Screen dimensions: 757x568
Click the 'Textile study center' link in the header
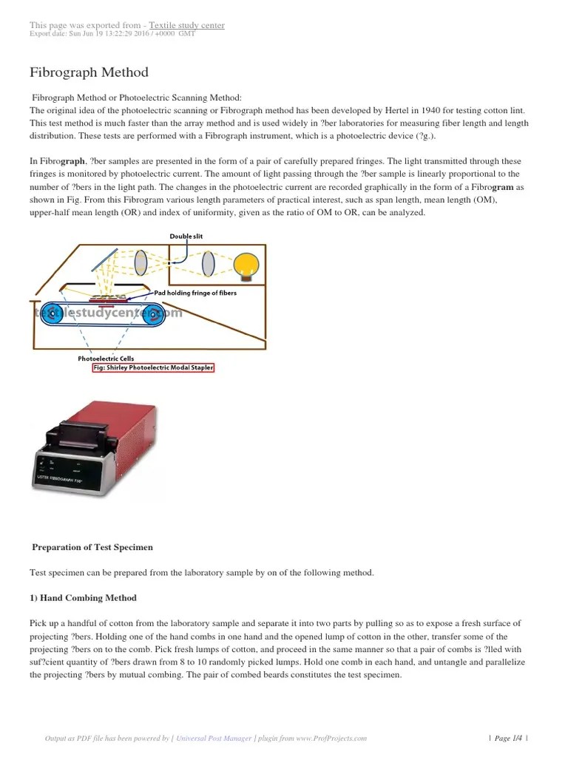tap(186, 25)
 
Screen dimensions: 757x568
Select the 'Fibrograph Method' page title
tap(89, 72)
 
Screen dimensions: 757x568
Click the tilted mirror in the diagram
tap(106, 261)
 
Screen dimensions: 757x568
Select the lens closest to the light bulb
tap(209, 262)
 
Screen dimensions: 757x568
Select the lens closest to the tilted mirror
tap(141, 262)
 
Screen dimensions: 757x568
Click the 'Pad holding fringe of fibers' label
tap(195, 293)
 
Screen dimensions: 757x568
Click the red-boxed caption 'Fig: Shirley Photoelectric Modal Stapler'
tap(152, 367)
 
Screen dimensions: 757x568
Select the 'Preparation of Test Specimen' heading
tap(92, 547)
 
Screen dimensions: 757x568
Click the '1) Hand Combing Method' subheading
tap(83, 597)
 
